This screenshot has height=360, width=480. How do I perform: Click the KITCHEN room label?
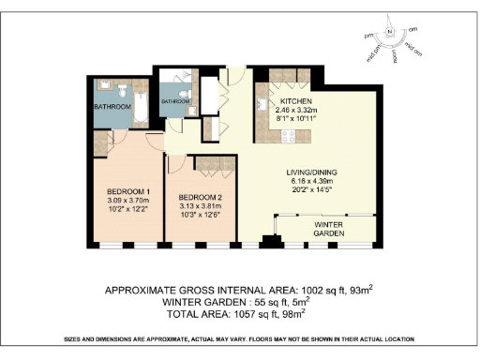tap(295, 101)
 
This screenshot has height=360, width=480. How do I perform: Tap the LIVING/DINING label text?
tap(313, 172)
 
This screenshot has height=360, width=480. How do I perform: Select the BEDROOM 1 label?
tap(127, 193)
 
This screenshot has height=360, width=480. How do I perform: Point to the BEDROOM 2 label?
tap(200, 197)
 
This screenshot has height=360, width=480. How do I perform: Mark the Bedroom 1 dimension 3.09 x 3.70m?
tap(127, 202)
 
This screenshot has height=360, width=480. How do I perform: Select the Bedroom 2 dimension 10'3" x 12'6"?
tap(200, 217)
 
